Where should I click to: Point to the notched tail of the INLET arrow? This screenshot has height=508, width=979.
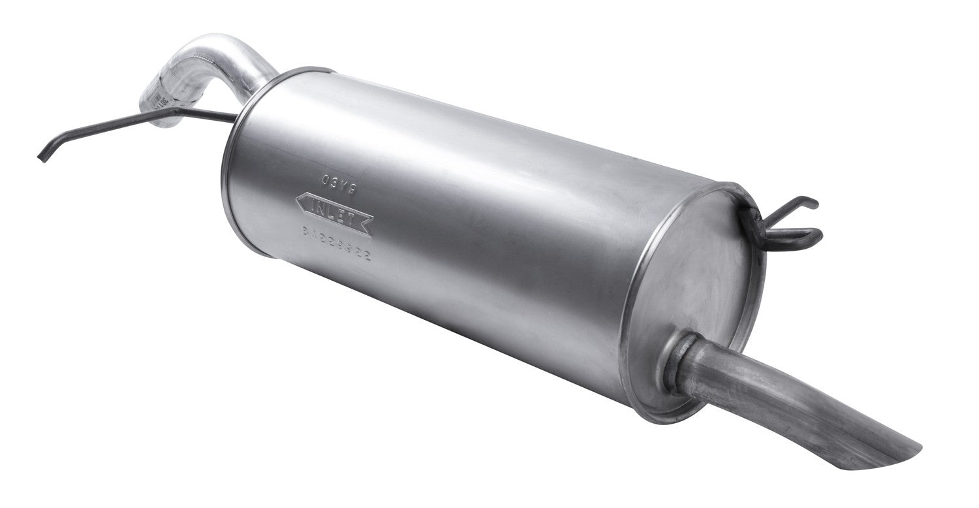[x=369, y=227]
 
